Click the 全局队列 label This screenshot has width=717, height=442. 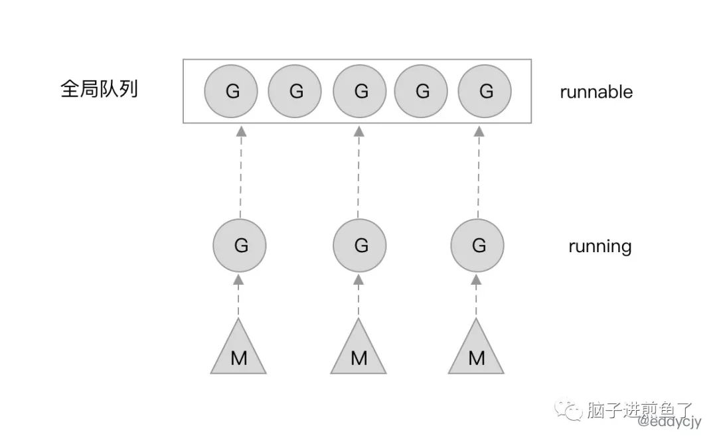point(99,90)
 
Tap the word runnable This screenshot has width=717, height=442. point(596,92)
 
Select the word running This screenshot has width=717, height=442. point(599,247)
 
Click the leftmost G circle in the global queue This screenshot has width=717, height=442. point(231,92)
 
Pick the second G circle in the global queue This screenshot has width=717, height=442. point(295,92)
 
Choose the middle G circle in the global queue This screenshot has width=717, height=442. point(360,92)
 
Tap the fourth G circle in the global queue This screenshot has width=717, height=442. point(422,92)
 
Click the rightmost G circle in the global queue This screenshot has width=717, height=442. point(485,92)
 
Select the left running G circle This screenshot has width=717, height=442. point(240,246)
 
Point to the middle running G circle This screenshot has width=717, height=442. point(360,246)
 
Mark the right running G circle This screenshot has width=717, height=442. point(477,246)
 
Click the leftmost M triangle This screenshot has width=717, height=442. point(238,352)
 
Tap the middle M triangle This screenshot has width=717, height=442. point(358,352)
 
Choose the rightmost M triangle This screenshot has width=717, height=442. point(476,352)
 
